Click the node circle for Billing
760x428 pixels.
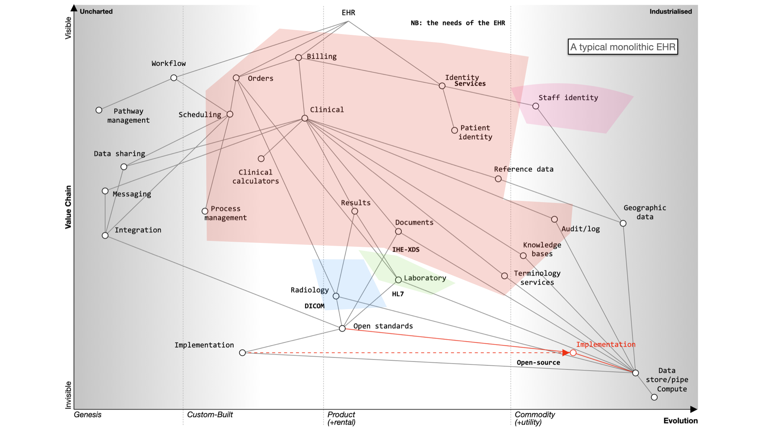click(x=298, y=57)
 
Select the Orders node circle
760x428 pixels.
click(x=236, y=78)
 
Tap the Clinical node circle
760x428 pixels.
click(x=305, y=118)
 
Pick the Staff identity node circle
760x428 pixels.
click(x=536, y=106)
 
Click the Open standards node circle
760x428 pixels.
click(x=342, y=328)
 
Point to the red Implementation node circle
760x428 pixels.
click(x=573, y=352)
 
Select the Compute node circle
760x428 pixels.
click(x=654, y=397)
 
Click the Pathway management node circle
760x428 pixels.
click(x=99, y=110)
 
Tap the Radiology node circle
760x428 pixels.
click(x=336, y=296)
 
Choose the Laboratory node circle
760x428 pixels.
click(x=399, y=280)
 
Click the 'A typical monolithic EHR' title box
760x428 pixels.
click(x=623, y=47)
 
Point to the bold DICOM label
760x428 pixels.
click(x=314, y=306)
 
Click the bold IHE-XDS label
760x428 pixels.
click(x=406, y=249)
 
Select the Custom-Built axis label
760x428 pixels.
click(x=210, y=415)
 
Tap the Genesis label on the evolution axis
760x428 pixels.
click(x=87, y=415)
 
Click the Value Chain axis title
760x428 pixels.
click(x=68, y=207)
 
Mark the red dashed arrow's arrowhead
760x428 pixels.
click(x=566, y=352)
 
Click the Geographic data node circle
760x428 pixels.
click(x=623, y=224)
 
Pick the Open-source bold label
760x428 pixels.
click(x=538, y=362)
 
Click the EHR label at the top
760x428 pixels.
click(x=348, y=13)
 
